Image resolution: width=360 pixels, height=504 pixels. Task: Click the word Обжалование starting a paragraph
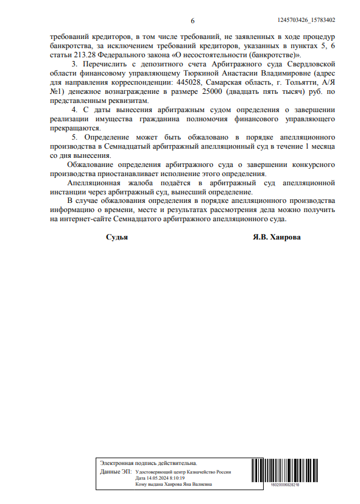pyautogui.click(x=91, y=165)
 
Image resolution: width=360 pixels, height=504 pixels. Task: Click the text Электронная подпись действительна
pyautogui.click(x=149, y=464)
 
